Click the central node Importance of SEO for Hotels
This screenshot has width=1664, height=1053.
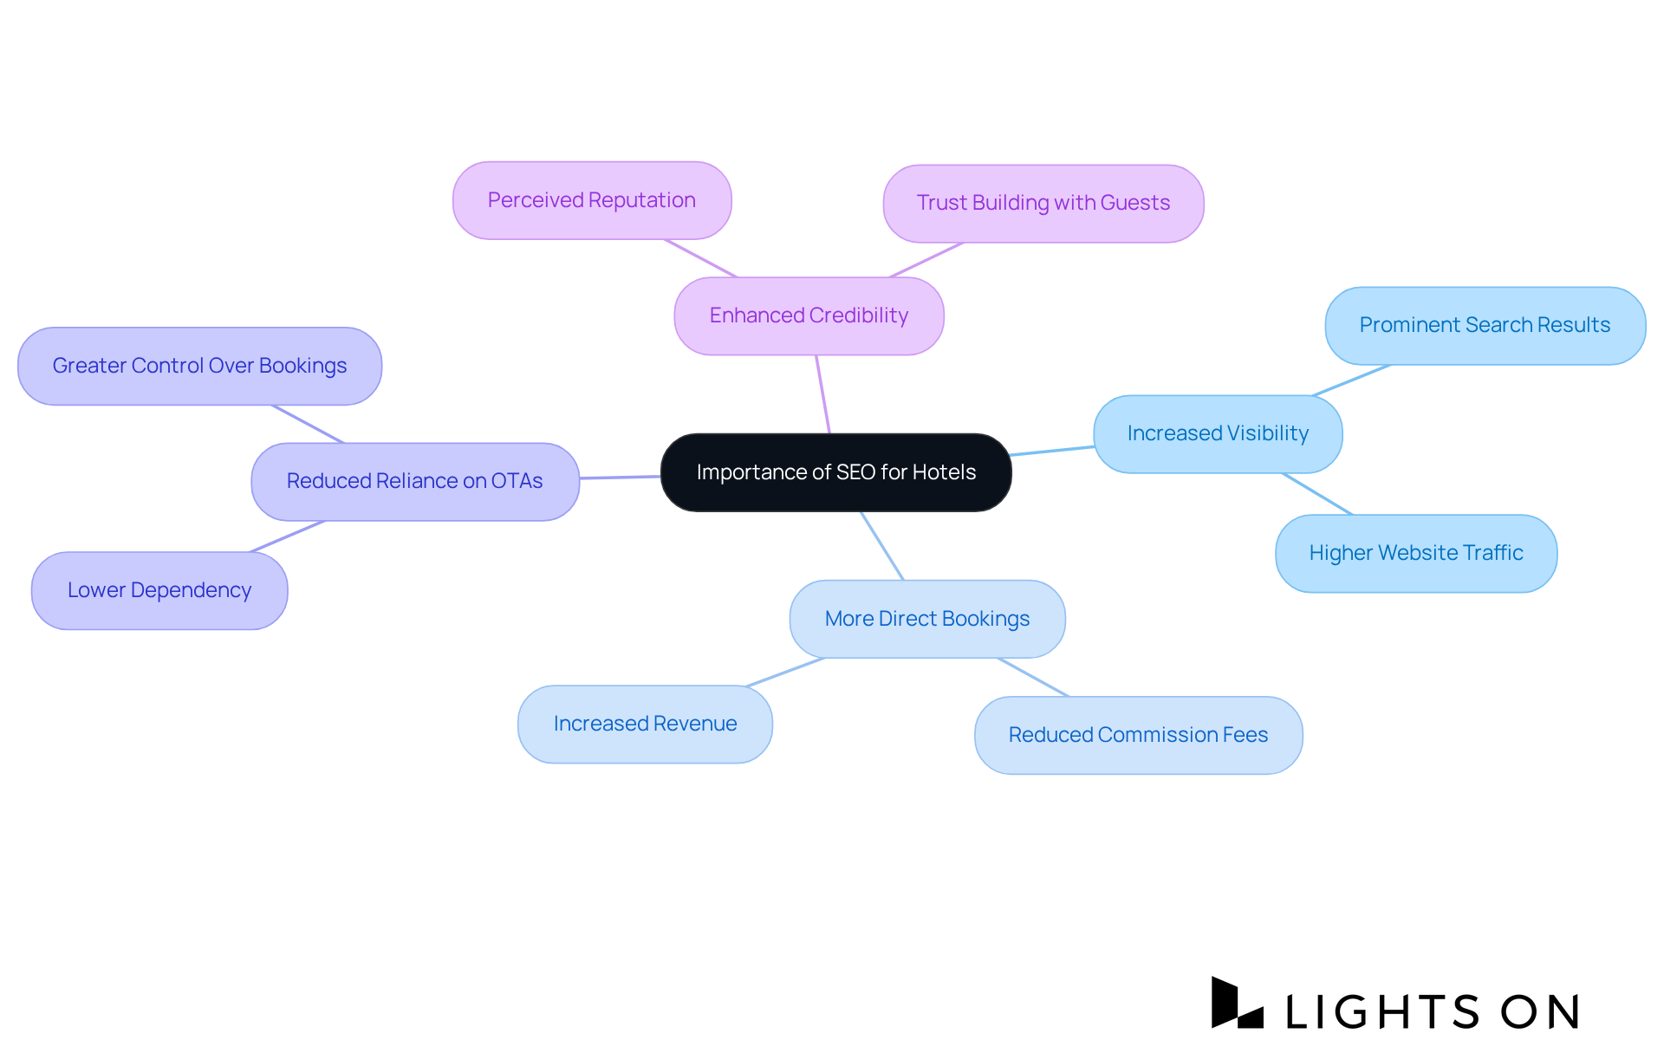(x=835, y=472)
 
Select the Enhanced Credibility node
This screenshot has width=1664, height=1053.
(x=809, y=315)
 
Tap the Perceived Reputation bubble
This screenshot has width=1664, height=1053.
(x=592, y=200)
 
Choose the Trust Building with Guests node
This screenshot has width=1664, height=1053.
(x=1043, y=203)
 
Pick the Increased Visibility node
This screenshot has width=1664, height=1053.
(x=1218, y=433)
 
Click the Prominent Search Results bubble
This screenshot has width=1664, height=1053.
(x=1485, y=325)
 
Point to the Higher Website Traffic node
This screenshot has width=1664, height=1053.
(x=1416, y=553)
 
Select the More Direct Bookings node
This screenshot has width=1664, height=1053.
(x=927, y=619)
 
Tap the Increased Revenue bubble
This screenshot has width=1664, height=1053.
(x=645, y=724)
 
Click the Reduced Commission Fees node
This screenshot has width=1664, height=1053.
(x=1138, y=735)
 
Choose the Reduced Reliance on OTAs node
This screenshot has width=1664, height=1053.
(x=415, y=481)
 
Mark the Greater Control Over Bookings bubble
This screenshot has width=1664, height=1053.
(x=199, y=366)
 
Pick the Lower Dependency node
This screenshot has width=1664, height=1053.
(x=159, y=590)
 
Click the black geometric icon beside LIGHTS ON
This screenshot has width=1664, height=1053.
(x=1236, y=1004)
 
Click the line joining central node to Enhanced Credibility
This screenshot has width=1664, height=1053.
(x=822, y=393)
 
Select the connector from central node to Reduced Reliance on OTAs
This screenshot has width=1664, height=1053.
(x=620, y=477)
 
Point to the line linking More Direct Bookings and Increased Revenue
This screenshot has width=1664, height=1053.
(x=785, y=672)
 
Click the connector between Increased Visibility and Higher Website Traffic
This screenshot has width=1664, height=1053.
(x=1317, y=494)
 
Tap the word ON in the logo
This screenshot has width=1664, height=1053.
(x=1541, y=1011)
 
